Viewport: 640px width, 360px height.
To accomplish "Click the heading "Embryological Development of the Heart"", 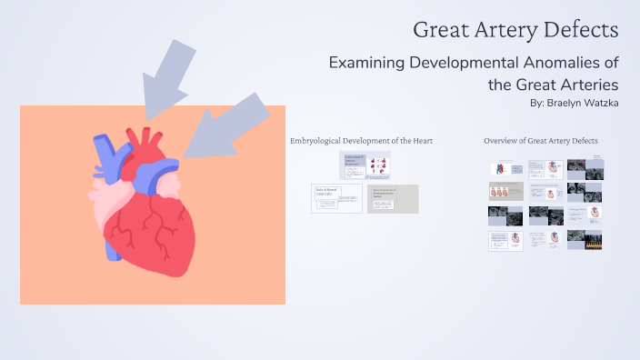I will click(x=361, y=141).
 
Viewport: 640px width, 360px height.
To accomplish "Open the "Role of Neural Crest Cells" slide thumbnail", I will click(x=336, y=198).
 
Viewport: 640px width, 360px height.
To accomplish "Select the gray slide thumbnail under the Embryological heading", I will click(x=393, y=199).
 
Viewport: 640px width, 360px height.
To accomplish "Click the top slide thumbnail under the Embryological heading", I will click(x=365, y=165).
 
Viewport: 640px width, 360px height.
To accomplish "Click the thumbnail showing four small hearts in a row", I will click(x=505, y=191).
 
